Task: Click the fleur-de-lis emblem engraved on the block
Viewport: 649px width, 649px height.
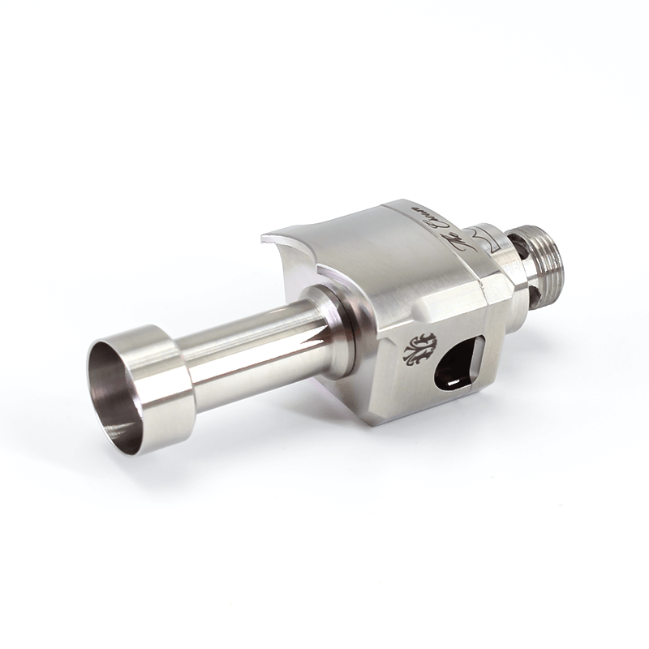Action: [420, 348]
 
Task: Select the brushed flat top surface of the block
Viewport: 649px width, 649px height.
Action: [381, 251]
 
